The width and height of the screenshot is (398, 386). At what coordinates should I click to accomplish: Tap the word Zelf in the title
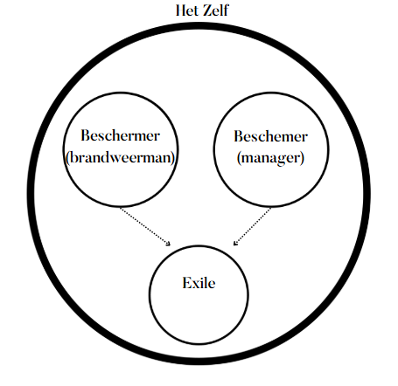click(216, 10)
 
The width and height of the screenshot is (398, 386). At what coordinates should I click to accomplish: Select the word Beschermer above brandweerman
click(120, 135)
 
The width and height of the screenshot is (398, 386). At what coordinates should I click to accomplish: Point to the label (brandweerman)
click(120, 158)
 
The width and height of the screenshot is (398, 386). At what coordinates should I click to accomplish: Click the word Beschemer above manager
click(270, 136)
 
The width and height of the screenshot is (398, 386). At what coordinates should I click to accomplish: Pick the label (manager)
click(270, 158)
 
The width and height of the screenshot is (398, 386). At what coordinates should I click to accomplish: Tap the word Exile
click(199, 283)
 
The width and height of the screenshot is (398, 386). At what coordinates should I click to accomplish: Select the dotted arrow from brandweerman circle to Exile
click(145, 226)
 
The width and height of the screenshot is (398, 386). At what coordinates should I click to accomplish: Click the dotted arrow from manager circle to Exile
click(252, 226)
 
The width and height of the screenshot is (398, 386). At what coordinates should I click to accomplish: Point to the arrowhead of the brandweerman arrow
click(169, 244)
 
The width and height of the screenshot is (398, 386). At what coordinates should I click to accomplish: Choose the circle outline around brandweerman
click(64, 149)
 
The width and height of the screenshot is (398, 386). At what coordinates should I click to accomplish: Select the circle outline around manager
click(213, 149)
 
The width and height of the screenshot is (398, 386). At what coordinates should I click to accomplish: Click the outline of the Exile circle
click(150, 295)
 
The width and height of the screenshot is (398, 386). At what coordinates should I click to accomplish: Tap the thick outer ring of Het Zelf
click(31, 193)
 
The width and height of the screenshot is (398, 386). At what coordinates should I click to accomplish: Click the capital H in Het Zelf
click(181, 10)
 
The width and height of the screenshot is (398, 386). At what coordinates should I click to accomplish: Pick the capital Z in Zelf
click(208, 10)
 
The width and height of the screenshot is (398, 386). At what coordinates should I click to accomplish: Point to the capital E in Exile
click(186, 283)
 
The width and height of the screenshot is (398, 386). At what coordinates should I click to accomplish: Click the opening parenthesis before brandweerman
click(67, 158)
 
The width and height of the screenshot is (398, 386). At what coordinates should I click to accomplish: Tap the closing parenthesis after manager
click(303, 159)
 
